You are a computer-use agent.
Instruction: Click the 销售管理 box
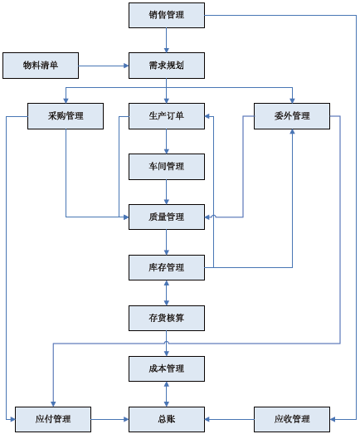(167, 15)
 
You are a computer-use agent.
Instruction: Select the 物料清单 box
(41, 66)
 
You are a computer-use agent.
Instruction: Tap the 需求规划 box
(167, 66)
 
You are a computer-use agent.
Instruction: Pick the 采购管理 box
(66, 116)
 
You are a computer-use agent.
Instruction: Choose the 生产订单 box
(167, 116)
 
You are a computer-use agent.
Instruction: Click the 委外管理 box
(292, 116)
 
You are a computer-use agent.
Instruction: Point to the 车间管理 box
(167, 167)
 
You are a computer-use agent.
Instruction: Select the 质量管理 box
(167, 217)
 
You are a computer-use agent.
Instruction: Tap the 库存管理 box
(167, 268)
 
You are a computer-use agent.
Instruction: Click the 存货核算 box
(167, 318)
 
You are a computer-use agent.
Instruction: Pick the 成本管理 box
(167, 368)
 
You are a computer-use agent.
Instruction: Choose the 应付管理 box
(53, 419)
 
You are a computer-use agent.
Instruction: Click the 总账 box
(167, 419)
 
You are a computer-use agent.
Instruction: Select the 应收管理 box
(292, 419)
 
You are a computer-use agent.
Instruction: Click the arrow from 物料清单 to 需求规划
(104, 66)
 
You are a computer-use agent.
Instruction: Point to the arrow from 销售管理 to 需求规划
(166, 40)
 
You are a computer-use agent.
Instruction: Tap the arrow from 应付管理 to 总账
(109, 419)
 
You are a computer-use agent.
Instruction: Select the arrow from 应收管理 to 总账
(230, 419)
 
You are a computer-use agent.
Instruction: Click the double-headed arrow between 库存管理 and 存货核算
(166, 293)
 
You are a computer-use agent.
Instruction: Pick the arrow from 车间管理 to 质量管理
(166, 192)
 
